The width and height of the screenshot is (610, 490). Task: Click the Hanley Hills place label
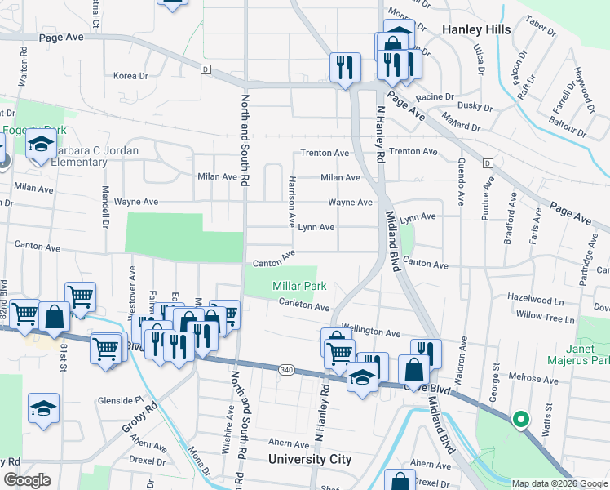(x=476, y=29)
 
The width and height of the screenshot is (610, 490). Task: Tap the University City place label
(x=311, y=459)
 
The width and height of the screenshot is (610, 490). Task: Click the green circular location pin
(x=519, y=420)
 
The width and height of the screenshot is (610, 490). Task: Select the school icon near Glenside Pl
(x=43, y=408)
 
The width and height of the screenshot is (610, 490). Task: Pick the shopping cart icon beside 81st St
(x=107, y=349)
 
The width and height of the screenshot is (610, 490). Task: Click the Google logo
(x=26, y=480)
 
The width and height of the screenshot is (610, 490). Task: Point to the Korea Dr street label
(x=130, y=76)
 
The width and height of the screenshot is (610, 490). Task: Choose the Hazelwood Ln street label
(x=535, y=301)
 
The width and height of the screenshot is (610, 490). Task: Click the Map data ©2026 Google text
(x=559, y=483)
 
